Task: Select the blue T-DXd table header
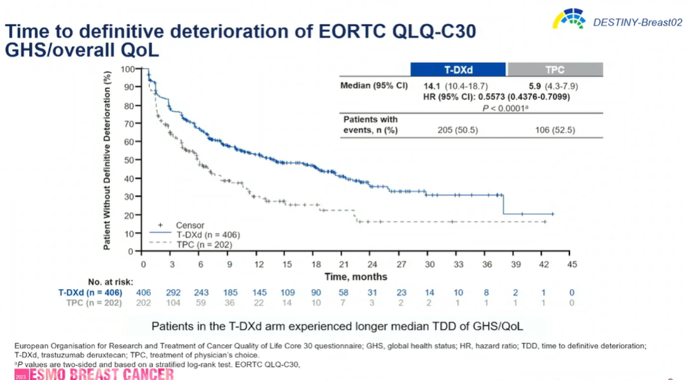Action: click(x=457, y=69)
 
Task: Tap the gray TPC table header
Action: click(x=554, y=69)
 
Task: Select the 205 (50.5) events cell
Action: click(x=457, y=130)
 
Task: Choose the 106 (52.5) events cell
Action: click(x=554, y=130)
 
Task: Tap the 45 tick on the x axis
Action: click(x=572, y=264)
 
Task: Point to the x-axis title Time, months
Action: click(x=356, y=276)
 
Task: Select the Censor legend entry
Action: click(x=190, y=225)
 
